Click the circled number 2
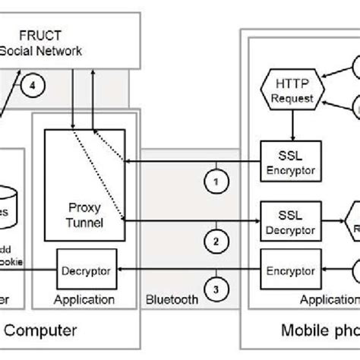point(216,242)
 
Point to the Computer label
point(46,330)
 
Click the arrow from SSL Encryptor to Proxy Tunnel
point(190,161)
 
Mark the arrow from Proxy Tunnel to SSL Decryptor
point(190,219)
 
